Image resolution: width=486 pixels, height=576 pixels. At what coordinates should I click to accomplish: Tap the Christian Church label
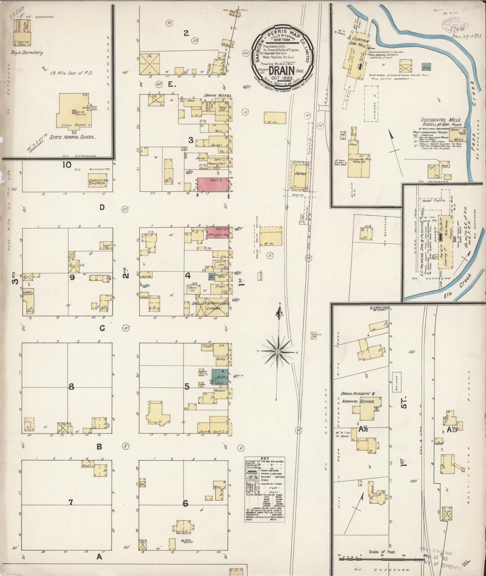(97, 182)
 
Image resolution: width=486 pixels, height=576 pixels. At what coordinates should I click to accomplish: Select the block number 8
(71, 387)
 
